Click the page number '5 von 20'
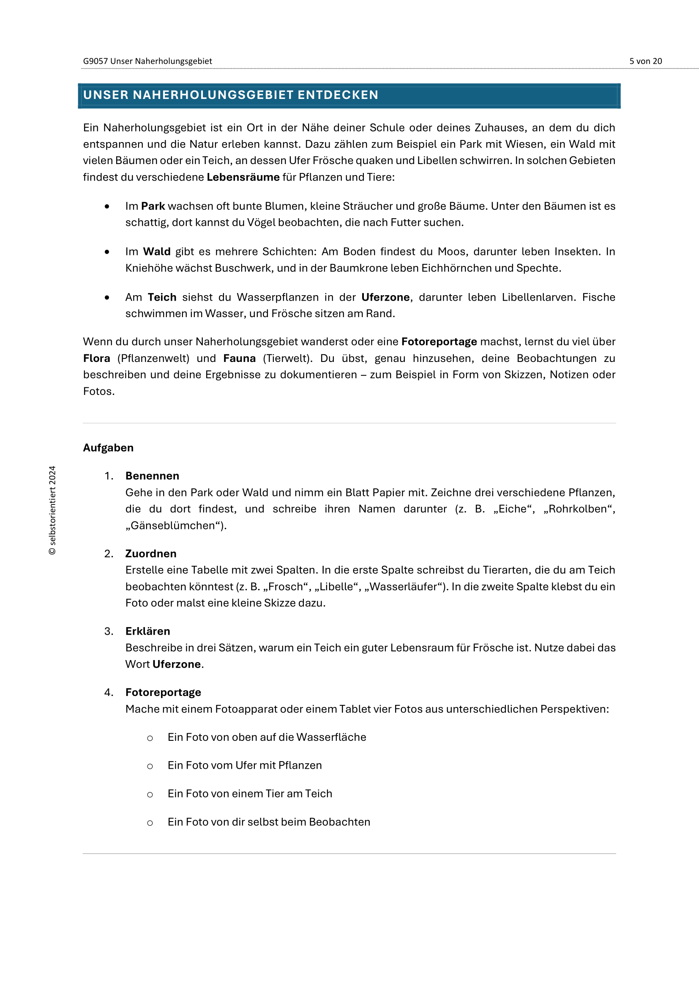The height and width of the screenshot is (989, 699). (x=645, y=61)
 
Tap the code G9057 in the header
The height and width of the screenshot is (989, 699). (x=95, y=61)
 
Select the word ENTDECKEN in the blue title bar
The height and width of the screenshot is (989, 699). (x=338, y=95)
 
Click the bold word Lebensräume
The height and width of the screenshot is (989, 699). (x=243, y=177)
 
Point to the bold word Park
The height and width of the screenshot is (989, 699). (x=153, y=206)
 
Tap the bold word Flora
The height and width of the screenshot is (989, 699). (x=96, y=359)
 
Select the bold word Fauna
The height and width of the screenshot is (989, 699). (x=239, y=359)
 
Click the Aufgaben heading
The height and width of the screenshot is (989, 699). (x=108, y=448)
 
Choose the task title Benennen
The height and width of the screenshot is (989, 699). (x=152, y=476)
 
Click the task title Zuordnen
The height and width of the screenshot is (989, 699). (x=150, y=554)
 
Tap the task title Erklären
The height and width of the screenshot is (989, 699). (x=147, y=631)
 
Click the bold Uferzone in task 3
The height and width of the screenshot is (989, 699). (x=177, y=664)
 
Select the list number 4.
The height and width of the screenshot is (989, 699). (x=108, y=693)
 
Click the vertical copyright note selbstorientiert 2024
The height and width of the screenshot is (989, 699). (x=52, y=510)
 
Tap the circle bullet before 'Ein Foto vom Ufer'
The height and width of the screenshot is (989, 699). (x=150, y=766)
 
